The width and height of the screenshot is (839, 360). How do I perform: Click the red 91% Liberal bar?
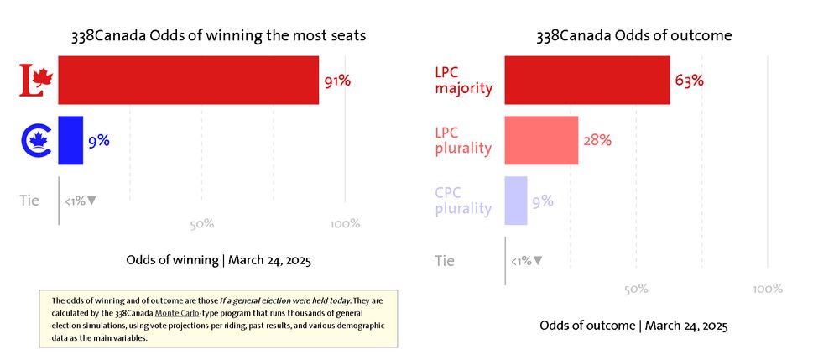[x=189, y=81]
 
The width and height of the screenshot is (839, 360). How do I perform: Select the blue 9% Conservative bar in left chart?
[x=70, y=140]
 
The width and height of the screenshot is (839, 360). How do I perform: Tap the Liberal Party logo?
[x=36, y=81]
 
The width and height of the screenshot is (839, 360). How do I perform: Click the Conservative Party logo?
[x=36, y=140]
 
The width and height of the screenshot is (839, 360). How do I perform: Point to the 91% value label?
[x=337, y=81]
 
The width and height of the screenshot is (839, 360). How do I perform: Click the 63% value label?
[x=689, y=81]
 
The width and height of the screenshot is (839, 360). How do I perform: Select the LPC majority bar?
[x=587, y=81]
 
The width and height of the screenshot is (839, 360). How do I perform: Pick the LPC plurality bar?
[x=541, y=140]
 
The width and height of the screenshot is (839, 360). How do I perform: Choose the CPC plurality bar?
[x=516, y=201]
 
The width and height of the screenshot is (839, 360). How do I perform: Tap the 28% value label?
[x=597, y=140]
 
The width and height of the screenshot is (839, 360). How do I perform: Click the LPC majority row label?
[x=464, y=81]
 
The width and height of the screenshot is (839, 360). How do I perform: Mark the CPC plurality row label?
[x=463, y=201]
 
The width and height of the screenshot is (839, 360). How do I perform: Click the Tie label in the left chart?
[x=29, y=201]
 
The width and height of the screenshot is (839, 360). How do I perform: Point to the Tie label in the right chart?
[x=446, y=261]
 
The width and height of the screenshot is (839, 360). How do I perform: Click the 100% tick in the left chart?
[x=346, y=224]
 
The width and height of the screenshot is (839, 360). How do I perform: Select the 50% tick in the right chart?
[x=636, y=289]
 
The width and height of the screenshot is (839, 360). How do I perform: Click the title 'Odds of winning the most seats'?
[x=218, y=36]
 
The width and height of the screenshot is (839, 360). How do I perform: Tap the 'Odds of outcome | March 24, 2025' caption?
[x=633, y=326]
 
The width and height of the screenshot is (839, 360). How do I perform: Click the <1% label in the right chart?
[x=526, y=261]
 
